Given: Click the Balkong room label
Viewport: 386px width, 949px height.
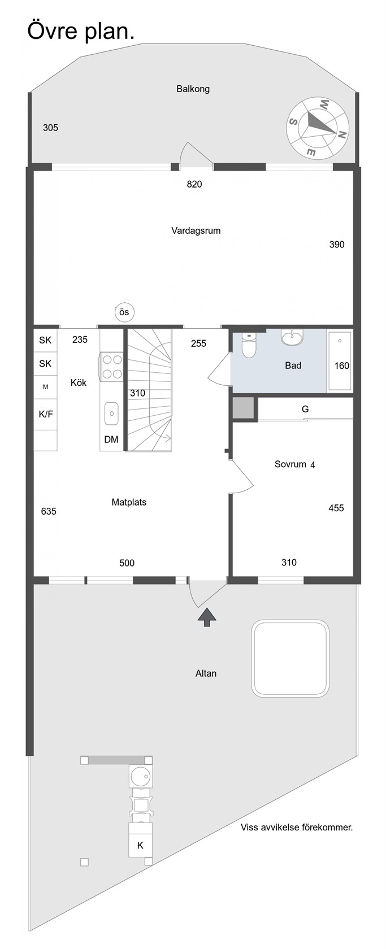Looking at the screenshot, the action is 193,89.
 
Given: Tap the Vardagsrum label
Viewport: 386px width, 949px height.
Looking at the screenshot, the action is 196,231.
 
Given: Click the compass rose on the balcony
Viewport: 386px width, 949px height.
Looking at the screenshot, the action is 318,128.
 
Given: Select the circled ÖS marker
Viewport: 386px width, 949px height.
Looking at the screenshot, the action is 124,313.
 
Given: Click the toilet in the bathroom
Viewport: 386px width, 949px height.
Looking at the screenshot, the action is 248,344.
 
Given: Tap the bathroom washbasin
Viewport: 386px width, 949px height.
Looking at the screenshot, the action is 292,337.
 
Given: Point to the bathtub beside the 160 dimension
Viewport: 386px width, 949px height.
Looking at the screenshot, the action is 340,360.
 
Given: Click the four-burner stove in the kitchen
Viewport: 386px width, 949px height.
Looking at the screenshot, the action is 111,366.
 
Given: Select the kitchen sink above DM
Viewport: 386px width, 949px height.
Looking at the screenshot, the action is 112,412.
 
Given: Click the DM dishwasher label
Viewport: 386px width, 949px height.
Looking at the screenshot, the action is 111,439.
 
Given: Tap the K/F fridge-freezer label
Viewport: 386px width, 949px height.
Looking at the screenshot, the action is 46,414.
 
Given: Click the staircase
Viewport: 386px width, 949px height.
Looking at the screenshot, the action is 150,390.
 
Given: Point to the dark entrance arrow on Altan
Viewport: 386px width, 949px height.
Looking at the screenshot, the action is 207,618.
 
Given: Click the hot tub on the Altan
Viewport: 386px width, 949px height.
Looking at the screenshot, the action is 290,659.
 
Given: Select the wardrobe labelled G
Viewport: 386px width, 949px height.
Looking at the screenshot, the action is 305,409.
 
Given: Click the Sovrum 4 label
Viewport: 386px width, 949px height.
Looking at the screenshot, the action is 295,464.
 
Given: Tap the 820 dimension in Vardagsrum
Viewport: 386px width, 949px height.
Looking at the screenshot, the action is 194,184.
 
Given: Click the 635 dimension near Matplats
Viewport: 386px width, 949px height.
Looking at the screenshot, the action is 49,511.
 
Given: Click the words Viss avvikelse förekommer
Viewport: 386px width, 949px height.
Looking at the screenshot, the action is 297,827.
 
